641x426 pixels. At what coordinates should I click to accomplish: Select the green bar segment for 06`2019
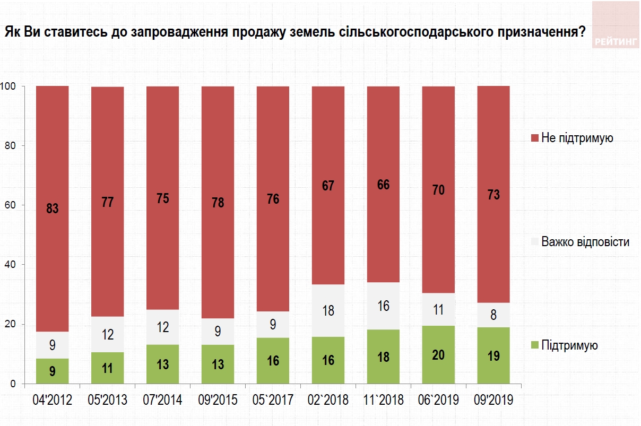[x=438, y=354]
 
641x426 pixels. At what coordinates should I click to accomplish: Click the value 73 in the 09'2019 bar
[x=493, y=195]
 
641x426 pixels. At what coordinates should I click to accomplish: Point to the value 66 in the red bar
[x=383, y=185]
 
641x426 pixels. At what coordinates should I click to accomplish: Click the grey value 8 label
[x=493, y=315]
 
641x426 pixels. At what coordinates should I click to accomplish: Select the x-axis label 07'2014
[x=162, y=401]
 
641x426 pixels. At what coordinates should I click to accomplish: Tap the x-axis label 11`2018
[x=383, y=401]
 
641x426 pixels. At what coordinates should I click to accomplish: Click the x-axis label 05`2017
[x=273, y=401]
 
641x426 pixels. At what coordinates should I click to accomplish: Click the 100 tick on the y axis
[x=9, y=86]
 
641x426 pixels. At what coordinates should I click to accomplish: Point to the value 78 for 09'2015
[x=218, y=203]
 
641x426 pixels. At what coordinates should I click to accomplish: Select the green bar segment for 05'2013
[x=107, y=368]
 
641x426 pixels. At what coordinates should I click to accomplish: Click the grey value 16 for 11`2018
[x=383, y=306]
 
